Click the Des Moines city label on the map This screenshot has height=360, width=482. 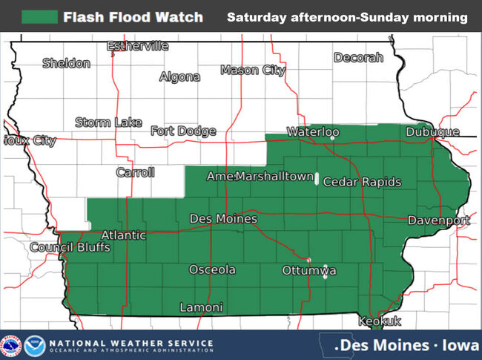pyautogui.click(x=223, y=219)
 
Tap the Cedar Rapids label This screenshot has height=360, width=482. pyautogui.click(x=362, y=182)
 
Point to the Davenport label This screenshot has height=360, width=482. pyautogui.click(x=438, y=221)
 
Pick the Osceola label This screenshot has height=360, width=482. pyautogui.click(x=212, y=269)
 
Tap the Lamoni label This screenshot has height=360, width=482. pyautogui.click(x=201, y=307)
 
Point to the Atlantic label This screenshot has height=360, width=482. pyautogui.click(x=124, y=235)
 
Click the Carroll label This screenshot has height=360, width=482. pyautogui.click(x=136, y=172)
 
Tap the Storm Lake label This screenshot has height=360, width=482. pyautogui.click(x=108, y=122)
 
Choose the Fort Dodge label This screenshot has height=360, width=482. pyautogui.click(x=183, y=131)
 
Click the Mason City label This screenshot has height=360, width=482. pyautogui.click(x=253, y=71)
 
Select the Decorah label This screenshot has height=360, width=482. pyautogui.click(x=358, y=57)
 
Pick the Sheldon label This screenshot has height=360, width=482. pyautogui.click(x=66, y=63)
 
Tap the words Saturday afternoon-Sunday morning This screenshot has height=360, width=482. pyautogui.click(x=347, y=16)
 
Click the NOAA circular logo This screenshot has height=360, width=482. pyautogui.click(x=34, y=345)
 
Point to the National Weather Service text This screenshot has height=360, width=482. pyautogui.click(x=131, y=343)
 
